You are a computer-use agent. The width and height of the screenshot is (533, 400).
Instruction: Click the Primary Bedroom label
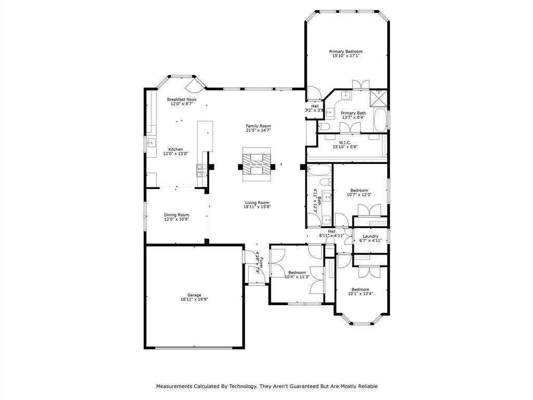(x=346, y=52)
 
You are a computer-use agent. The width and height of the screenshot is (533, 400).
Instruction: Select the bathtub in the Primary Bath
(x=381, y=120)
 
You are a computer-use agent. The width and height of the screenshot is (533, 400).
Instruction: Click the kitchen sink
(x=150, y=142)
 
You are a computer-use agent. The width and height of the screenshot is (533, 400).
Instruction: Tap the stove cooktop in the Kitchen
(x=200, y=170)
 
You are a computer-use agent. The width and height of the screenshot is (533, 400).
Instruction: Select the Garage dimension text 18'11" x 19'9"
(x=194, y=299)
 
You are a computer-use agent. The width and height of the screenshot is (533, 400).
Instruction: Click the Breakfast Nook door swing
(x=196, y=83)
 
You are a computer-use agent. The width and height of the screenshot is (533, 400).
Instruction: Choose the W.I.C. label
(x=345, y=142)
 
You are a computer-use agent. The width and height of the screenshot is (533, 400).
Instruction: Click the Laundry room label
(x=370, y=236)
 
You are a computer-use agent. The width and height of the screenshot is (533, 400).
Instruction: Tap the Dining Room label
(x=176, y=215)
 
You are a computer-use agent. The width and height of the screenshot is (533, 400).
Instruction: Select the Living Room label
(x=257, y=203)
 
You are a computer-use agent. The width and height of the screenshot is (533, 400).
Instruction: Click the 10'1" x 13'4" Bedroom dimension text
(x=360, y=294)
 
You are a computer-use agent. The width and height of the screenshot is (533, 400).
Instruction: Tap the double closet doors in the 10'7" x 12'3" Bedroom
(x=370, y=209)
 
